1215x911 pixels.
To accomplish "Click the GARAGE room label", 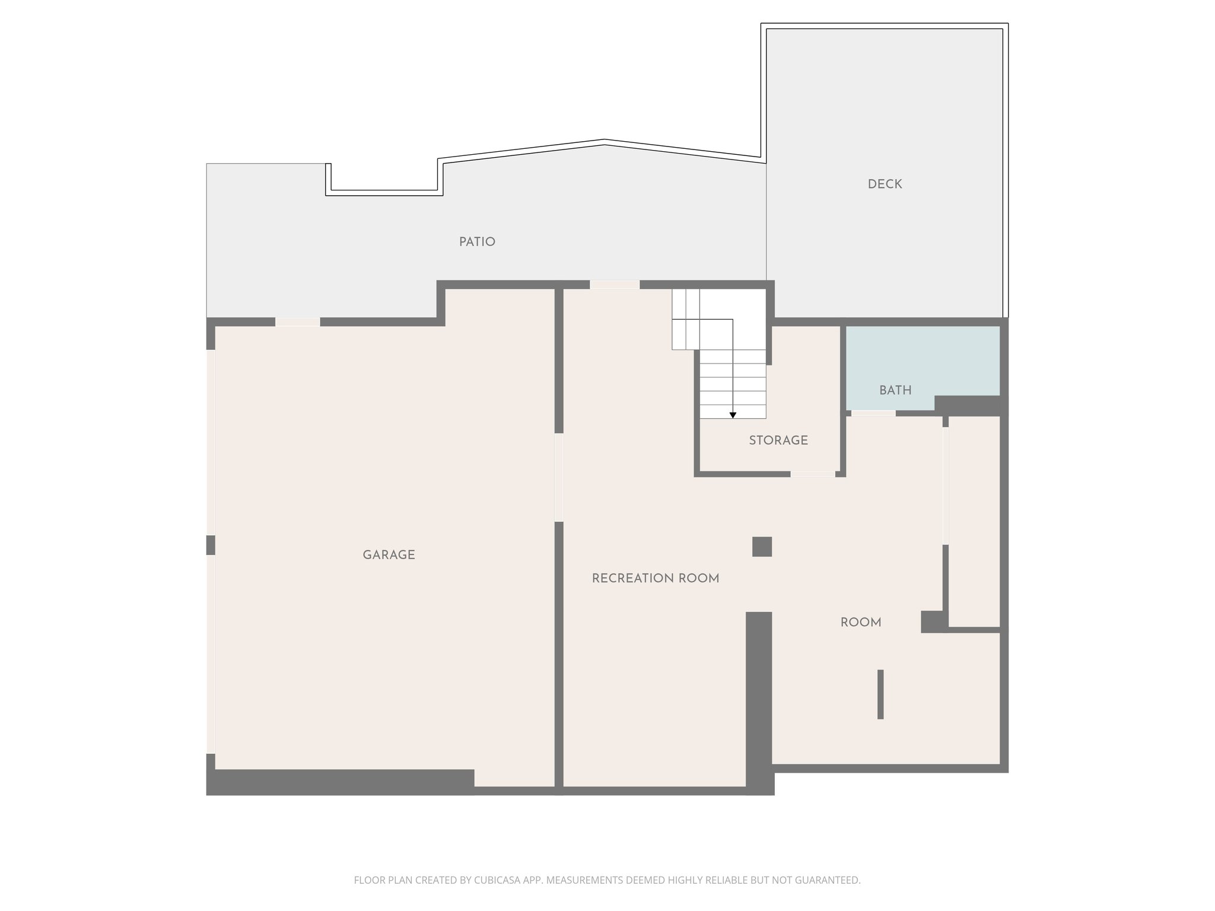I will pyautogui.click(x=389, y=555).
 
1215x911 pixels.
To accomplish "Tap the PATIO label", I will pyautogui.click(x=477, y=242).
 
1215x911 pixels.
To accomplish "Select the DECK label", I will pyautogui.click(x=885, y=184).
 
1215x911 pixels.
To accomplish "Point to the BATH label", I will pyautogui.click(x=895, y=390).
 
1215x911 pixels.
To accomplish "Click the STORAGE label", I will pyautogui.click(x=778, y=441).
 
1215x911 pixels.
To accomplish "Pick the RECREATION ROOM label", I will pyautogui.click(x=656, y=578).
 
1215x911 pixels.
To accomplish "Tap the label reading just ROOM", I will pyautogui.click(x=861, y=623).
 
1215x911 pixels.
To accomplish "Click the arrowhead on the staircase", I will pyautogui.click(x=733, y=415).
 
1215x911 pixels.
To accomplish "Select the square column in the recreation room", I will pyautogui.click(x=762, y=546).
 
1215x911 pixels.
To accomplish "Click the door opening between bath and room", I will pyautogui.click(x=873, y=413).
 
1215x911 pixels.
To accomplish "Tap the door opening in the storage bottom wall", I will pyautogui.click(x=813, y=474).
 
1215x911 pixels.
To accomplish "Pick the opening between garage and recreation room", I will pyautogui.click(x=559, y=477).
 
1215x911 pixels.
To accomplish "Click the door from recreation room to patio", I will pyautogui.click(x=615, y=285).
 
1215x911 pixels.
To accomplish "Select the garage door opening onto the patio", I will pyautogui.click(x=297, y=322).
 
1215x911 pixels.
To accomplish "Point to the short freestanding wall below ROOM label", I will pyautogui.click(x=880, y=694).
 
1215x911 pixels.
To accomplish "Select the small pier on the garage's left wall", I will pyautogui.click(x=211, y=545).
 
